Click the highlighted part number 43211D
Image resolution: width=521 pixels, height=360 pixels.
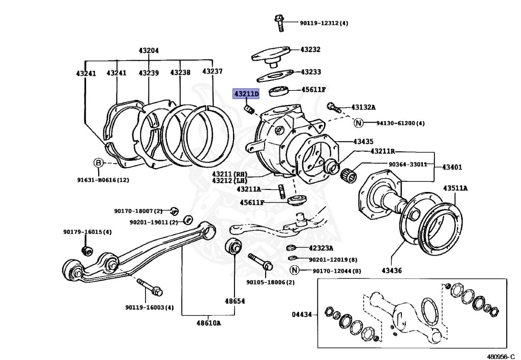(x=246, y=94)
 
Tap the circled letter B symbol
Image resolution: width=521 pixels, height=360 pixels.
(x=98, y=162)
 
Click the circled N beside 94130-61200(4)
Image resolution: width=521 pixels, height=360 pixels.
(x=358, y=123)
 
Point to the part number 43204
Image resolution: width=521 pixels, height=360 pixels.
(x=149, y=50)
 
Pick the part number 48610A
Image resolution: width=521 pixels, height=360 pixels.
(x=209, y=323)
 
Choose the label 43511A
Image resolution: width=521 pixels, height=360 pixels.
(x=455, y=188)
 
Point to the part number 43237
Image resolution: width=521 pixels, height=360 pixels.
(x=212, y=71)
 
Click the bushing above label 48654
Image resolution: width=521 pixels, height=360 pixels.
(x=233, y=247)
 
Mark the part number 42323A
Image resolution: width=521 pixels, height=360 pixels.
(x=321, y=248)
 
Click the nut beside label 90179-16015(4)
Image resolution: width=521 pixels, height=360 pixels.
(x=86, y=250)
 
